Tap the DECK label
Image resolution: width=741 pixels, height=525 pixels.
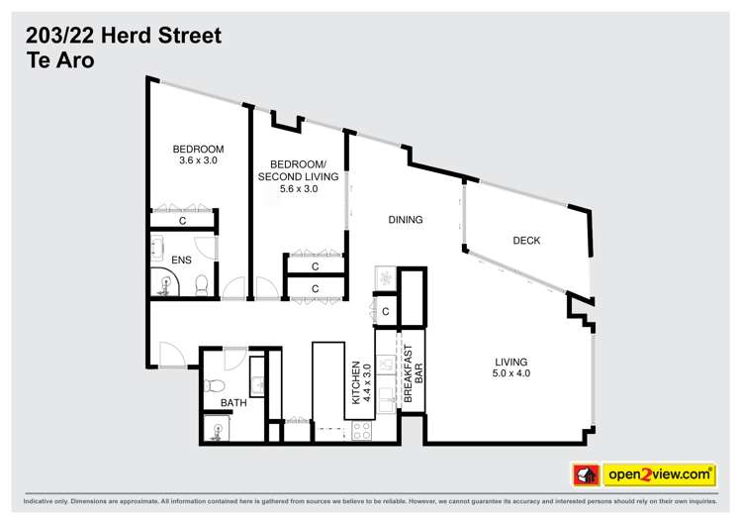pos(526,241)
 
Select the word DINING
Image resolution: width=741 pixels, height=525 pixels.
pos(406,220)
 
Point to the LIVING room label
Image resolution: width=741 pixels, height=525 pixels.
pos(511,367)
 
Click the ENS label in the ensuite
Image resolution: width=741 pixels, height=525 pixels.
pos(181,261)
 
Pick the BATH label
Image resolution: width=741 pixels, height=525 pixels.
pos(233,402)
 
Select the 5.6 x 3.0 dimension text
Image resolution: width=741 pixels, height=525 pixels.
pos(299,189)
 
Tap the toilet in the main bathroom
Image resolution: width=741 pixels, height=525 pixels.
pos(213,386)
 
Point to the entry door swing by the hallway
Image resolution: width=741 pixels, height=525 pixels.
pos(166,353)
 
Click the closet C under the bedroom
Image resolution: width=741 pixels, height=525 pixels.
pos(183,221)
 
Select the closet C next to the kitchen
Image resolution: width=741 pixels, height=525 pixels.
pos(386,313)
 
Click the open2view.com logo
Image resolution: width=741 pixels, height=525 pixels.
pos(659,474)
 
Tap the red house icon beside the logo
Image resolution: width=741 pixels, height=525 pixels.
pos(587,475)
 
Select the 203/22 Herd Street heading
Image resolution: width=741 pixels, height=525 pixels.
pos(123,36)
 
